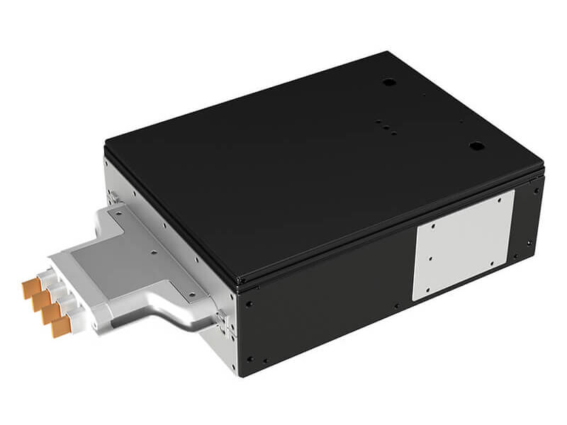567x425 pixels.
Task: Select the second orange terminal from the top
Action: (x=41, y=300)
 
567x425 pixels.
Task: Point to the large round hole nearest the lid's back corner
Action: (x=388, y=83)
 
